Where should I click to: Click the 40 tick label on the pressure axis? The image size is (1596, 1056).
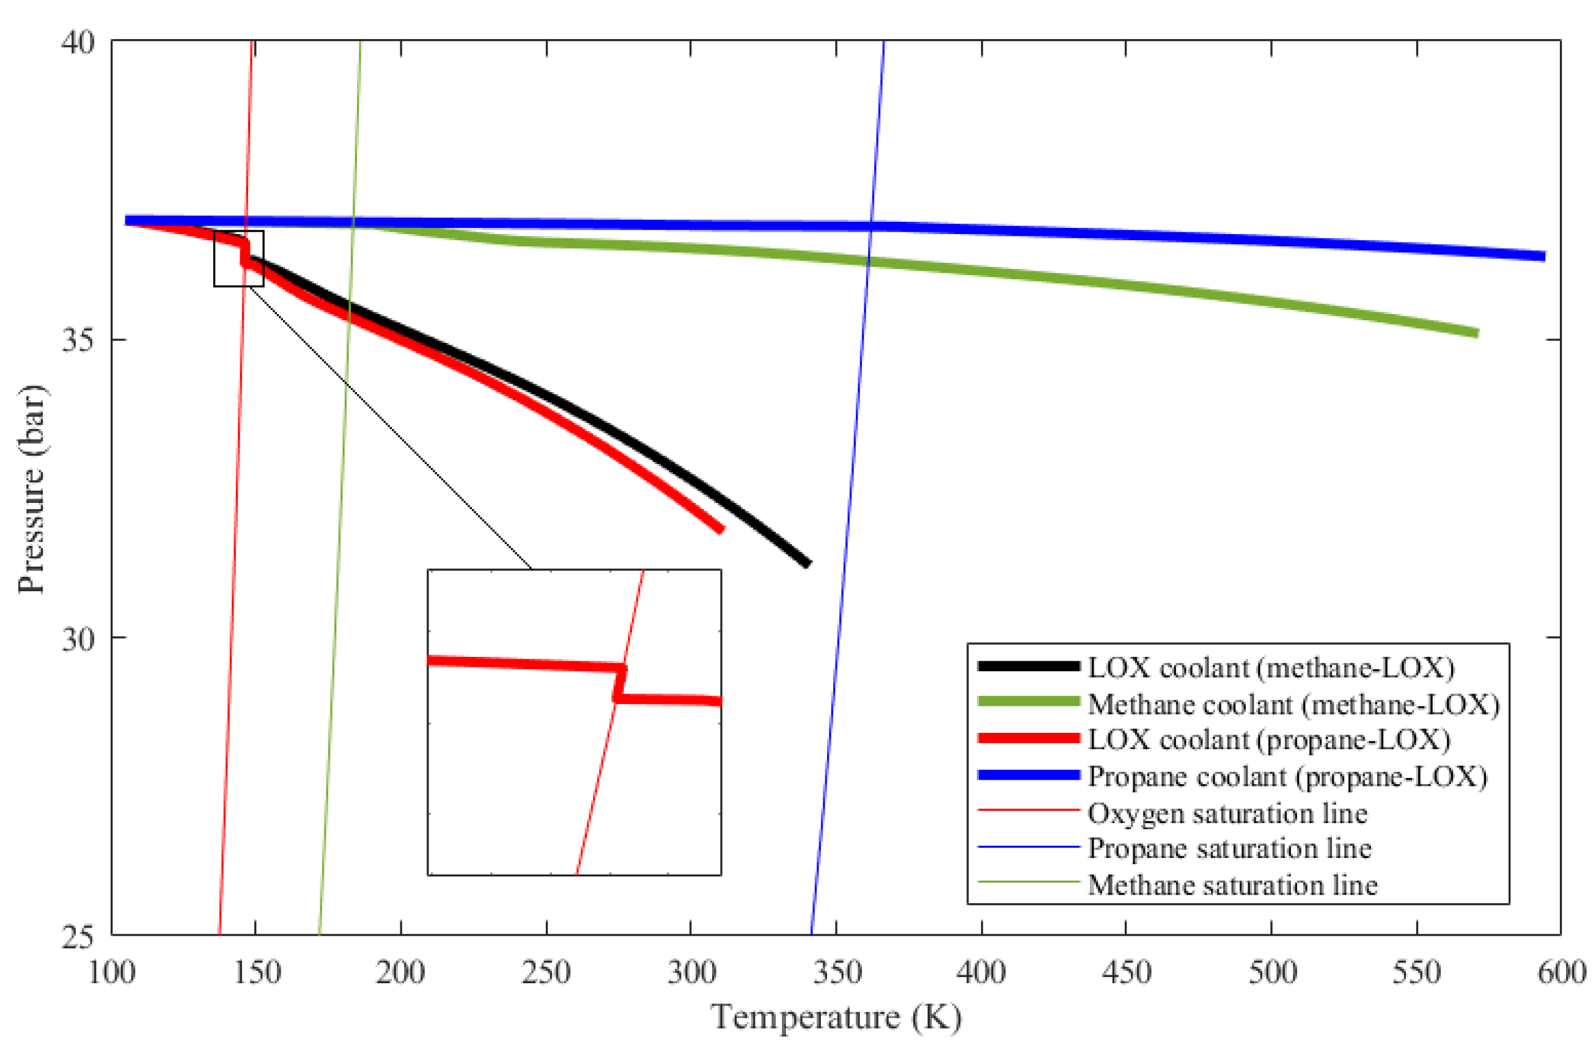(x=78, y=42)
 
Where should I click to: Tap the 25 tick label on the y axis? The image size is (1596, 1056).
(x=78, y=936)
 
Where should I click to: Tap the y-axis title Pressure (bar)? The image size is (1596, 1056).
(x=31, y=490)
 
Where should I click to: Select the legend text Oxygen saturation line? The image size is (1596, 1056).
(x=1227, y=813)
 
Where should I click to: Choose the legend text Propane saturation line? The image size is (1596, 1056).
(x=1229, y=849)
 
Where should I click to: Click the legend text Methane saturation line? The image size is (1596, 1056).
(x=1233, y=885)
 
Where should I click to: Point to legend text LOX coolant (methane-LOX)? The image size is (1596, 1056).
(x=1271, y=667)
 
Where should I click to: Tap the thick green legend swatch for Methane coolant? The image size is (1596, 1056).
(x=1029, y=702)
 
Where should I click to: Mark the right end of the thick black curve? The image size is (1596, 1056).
(x=807, y=563)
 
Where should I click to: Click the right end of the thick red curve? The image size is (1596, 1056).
(x=721, y=529)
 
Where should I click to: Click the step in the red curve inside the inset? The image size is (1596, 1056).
(x=620, y=684)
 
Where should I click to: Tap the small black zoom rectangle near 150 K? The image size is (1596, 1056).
(x=238, y=258)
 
